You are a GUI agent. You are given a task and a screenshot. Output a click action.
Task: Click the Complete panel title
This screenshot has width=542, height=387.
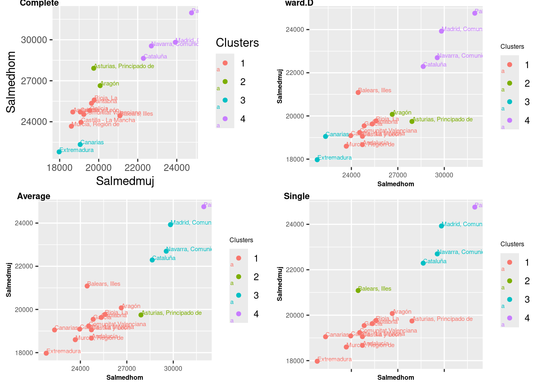[x=39, y=3]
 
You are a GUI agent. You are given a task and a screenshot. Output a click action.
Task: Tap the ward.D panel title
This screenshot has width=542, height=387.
[x=299, y=3]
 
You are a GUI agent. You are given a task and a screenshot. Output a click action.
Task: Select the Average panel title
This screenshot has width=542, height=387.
[x=33, y=196]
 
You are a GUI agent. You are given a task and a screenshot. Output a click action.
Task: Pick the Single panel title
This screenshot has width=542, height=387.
[x=296, y=196]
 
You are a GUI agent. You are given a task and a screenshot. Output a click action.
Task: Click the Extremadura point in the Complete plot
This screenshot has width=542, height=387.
[x=59, y=152]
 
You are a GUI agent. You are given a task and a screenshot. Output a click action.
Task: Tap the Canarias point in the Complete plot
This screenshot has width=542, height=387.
[x=80, y=144]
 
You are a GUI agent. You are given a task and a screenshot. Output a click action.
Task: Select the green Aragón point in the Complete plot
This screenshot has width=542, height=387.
[x=100, y=85]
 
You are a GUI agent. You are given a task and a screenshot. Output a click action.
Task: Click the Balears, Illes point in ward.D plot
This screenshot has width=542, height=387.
[x=358, y=92]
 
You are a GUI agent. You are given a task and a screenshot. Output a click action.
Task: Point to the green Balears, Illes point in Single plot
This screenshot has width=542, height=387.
[x=358, y=290]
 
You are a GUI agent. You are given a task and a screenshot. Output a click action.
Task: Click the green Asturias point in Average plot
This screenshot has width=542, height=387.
[x=141, y=315]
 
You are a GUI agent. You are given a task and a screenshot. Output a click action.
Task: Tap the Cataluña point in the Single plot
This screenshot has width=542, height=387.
[x=423, y=263]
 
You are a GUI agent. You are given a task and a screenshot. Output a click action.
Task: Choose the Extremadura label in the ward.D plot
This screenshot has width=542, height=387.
[x=335, y=158]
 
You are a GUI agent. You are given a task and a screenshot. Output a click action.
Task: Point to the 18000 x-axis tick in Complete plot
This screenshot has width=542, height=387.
[x=60, y=167]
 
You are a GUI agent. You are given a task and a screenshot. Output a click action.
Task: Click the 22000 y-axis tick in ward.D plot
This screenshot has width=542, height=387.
[x=298, y=73]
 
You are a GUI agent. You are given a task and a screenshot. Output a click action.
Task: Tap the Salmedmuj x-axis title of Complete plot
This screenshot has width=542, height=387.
[x=125, y=181]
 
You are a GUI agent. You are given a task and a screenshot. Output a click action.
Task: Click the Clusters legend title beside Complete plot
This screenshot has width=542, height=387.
[x=237, y=43]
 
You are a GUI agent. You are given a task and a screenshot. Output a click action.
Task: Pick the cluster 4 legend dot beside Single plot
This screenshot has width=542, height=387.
[x=509, y=318]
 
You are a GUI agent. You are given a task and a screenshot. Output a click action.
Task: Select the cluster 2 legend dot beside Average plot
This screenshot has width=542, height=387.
[x=238, y=277]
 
